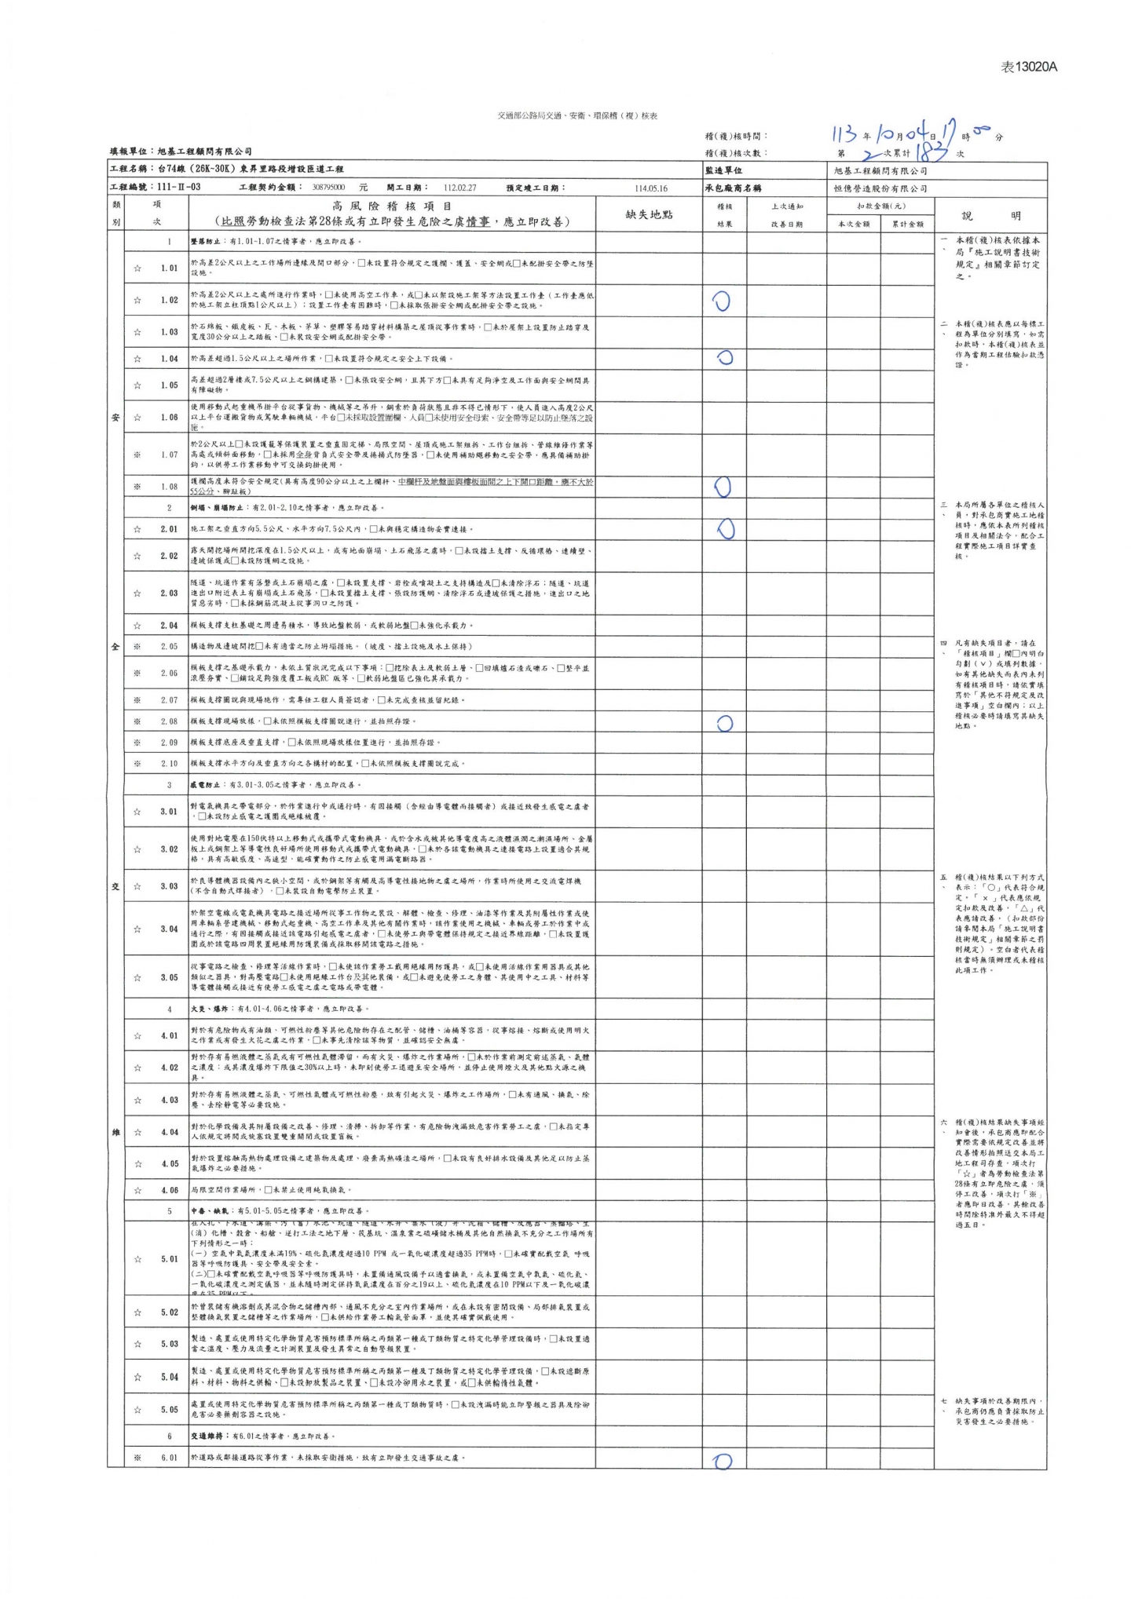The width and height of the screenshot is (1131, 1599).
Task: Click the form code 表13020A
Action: coord(1029,67)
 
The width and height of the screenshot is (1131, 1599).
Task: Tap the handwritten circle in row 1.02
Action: coord(721,301)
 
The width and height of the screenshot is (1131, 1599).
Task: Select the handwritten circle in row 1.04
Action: coord(724,358)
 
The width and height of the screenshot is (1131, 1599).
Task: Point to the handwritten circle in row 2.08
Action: coord(724,723)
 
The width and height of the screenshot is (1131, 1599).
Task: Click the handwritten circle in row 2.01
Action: coord(726,529)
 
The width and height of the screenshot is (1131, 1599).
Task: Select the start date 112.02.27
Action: coord(459,188)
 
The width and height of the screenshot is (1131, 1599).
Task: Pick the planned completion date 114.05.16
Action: coord(650,189)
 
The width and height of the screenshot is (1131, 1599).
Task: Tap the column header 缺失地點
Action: coord(649,214)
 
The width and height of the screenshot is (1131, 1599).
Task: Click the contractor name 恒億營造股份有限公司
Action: coord(880,189)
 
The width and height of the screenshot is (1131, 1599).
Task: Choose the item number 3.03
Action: coord(169,886)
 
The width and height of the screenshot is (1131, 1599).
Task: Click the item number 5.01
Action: coord(169,1259)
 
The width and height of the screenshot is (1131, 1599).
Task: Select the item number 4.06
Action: coord(169,1190)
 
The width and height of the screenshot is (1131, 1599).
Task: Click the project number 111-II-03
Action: coord(178,188)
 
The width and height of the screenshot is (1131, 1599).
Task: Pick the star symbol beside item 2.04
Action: coord(137,626)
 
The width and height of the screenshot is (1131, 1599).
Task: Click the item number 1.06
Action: coord(169,418)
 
